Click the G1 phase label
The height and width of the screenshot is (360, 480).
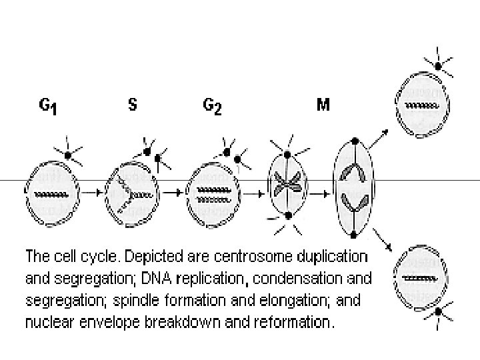[47, 107]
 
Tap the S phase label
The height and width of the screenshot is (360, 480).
[132, 105]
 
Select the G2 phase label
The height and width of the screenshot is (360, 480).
[213, 107]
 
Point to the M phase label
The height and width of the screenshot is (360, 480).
[323, 105]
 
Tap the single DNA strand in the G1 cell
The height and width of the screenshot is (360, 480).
[51, 194]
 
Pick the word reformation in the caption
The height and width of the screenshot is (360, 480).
[292, 323]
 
